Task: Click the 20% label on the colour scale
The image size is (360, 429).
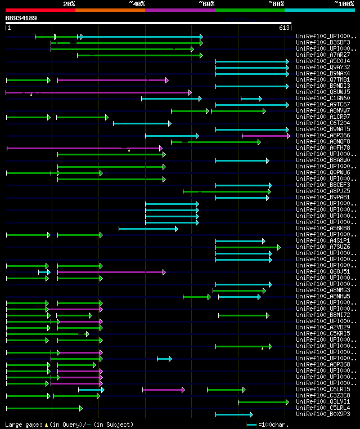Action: tap(69, 4)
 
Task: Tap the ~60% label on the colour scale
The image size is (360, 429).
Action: tap(206, 4)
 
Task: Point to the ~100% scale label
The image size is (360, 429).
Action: tap(344, 4)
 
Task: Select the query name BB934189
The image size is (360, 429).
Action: tap(21, 18)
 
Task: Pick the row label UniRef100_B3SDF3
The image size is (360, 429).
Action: tap(323, 43)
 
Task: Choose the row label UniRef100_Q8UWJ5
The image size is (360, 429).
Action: tap(323, 92)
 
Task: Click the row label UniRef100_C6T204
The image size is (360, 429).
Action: tap(323, 123)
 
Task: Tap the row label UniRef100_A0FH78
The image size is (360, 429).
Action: tap(323, 148)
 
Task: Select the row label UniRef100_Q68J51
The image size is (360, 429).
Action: tap(323, 272)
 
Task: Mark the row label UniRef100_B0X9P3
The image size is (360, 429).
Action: tap(323, 414)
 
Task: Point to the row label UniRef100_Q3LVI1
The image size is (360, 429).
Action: tap(323, 402)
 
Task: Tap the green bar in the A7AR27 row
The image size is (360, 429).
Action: tap(139, 55)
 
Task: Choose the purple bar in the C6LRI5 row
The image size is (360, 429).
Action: tap(163, 390)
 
